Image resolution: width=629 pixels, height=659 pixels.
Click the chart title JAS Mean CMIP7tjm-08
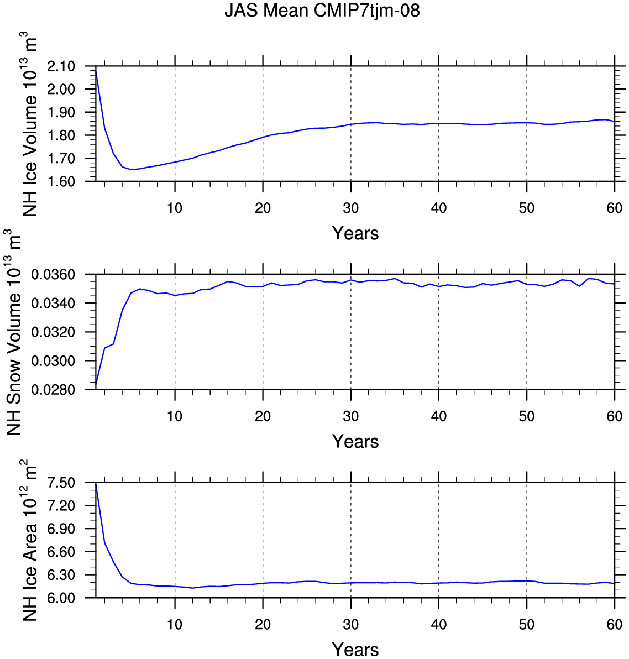(322, 11)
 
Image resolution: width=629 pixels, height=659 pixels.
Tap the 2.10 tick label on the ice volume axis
(61, 66)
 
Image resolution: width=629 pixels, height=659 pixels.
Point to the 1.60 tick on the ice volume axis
(61, 181)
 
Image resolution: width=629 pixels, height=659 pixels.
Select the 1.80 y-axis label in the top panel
(61, 135)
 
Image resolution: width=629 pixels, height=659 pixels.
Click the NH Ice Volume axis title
(29, 124)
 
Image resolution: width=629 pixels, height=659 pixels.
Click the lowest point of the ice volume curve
(131, 170)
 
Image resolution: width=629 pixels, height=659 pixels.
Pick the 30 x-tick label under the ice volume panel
(351, 208)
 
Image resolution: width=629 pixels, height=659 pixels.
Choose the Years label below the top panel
(355, 233)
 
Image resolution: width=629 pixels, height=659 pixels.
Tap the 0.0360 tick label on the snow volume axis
(54, 275)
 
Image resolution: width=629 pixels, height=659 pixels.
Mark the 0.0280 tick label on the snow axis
(54, 390)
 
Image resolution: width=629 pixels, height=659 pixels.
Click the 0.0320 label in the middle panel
(54, 332)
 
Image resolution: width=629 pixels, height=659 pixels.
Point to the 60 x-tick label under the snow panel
(615, 416)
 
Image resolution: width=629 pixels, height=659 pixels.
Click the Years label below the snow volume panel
(355, 442)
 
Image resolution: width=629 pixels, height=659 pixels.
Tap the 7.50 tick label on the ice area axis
(61, 483)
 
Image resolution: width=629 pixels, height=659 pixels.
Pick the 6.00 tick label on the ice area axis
(61, 598)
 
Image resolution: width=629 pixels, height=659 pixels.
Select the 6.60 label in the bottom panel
(61, 552)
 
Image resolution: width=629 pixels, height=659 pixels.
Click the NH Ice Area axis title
(29, 541)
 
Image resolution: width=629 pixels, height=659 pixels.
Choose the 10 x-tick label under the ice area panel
(175, 624)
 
